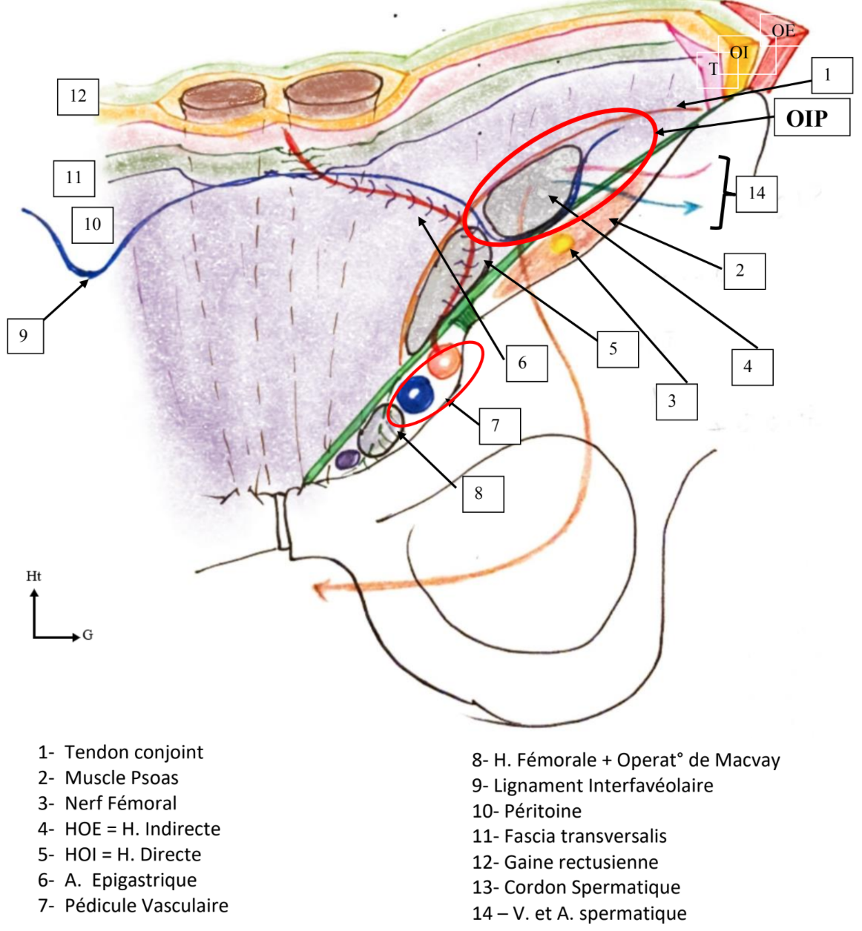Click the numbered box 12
pyautogui.click(x=78, y=96)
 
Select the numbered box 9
pyautogui.click(x=24, y=336)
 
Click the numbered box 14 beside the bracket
pyautogui.click(x=756, y=193)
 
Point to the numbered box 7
pyautogui.click(x=499, y=425)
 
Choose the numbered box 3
pyautogui.click(x=676, y=401)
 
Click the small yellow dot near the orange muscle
pyautogui.click(x=562, y=242)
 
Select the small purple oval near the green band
pyautogui.click(x=346, y=460)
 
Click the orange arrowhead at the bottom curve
pyautogui.click(x=320, y=590)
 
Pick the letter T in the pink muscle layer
pyautogui.click(x=714, y=70)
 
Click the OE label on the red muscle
pyautogui.click(x=783, y=30)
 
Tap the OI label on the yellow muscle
pyautogui.click(x=739, y=53)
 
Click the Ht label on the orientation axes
pyautogui.click(x=33, y=576)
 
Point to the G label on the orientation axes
pyautogui.click(x=88, y=635)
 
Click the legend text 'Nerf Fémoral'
pyautogui.click(x=120, y=803)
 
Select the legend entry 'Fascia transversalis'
pyautogui.click(x=585, y=836)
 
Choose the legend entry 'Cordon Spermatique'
pyautogui.click(x=591, y=887)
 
